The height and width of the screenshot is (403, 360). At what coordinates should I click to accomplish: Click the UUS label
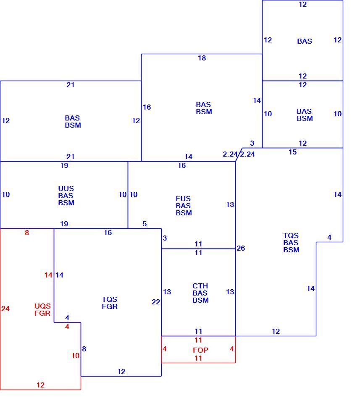66,188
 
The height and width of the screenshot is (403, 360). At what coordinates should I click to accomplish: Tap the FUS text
183,199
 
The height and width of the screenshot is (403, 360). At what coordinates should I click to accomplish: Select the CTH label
200,286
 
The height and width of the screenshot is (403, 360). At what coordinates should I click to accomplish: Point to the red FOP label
200,350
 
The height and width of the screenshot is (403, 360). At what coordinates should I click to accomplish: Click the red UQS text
42,306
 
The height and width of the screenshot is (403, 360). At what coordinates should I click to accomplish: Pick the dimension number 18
202,58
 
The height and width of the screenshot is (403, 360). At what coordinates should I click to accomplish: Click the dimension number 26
241,248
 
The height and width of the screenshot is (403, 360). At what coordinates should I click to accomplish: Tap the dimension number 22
156,302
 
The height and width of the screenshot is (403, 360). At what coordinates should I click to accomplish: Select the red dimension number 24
5,309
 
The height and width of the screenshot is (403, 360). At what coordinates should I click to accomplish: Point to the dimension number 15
293,152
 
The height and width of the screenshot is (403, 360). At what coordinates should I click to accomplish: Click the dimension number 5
145,224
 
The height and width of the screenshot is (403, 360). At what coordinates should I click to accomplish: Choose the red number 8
27,233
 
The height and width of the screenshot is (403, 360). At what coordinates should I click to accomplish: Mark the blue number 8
84,349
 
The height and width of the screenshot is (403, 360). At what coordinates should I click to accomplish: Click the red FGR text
42,313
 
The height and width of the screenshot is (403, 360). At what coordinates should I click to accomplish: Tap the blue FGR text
110,306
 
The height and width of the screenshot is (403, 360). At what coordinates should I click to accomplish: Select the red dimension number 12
40,385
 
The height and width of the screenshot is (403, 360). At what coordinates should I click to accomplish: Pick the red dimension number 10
75,356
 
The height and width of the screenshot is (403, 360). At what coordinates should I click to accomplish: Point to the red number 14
48,275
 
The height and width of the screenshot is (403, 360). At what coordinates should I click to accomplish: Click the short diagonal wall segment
239,155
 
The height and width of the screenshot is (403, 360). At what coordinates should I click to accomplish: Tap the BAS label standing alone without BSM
305,41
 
